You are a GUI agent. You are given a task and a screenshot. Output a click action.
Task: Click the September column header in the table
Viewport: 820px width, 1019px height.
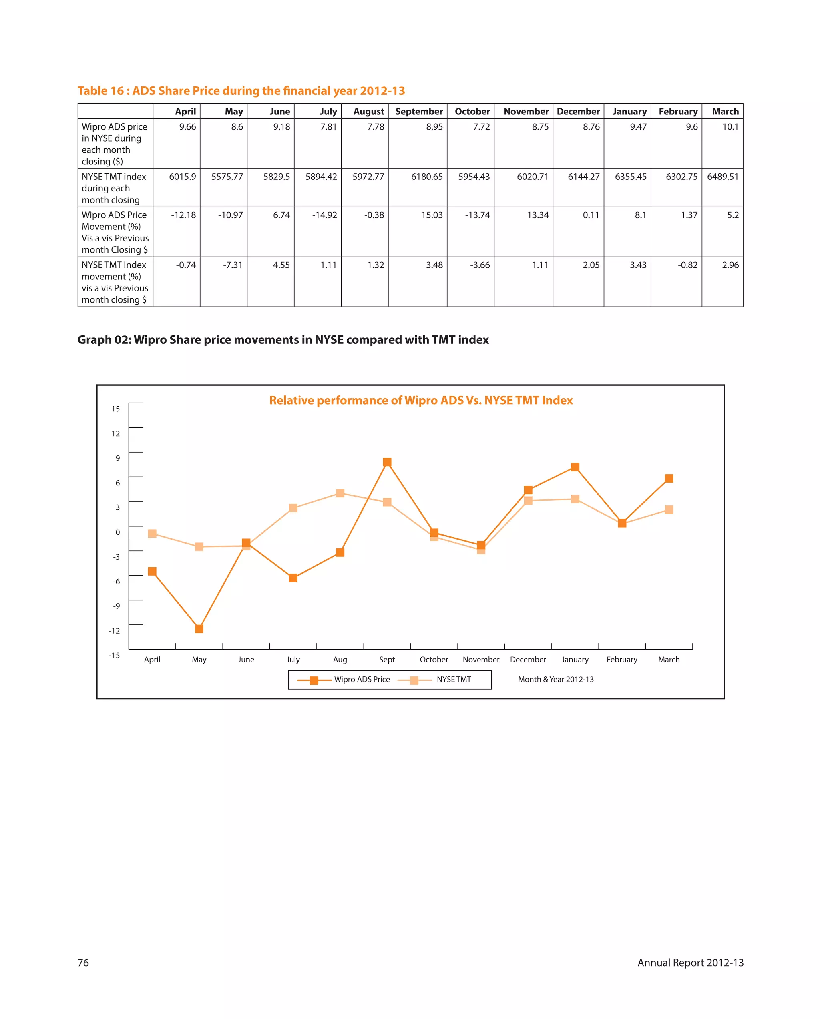tap(418, 112)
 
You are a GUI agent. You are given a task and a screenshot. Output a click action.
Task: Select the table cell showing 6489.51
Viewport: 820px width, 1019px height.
tap(722, 177)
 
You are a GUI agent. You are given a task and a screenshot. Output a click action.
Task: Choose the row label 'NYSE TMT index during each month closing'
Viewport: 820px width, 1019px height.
tap(114, 188)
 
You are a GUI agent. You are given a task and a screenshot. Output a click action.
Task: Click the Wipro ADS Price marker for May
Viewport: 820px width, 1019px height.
tap(199, 629)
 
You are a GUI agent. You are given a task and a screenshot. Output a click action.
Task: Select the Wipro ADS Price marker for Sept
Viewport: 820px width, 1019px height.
tap(387, 462)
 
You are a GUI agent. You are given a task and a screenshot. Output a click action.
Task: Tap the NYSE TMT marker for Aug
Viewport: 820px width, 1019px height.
tap(340, 493)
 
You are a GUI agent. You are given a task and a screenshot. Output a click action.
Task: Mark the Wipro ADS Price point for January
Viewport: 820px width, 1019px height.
tap(575, 467)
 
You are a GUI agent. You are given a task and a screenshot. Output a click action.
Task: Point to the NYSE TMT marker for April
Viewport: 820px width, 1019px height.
tap(152, 534)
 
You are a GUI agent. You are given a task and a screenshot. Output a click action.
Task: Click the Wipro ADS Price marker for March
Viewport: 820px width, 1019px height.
tap(669, 479)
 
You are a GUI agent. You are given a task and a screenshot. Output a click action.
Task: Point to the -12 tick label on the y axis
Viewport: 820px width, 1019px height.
tap(115, 631)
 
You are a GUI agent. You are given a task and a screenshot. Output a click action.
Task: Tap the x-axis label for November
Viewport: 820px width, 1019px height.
tap(481, 660)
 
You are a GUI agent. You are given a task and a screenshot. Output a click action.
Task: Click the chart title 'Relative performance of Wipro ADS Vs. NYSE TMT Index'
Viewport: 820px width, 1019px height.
tap(421, 401)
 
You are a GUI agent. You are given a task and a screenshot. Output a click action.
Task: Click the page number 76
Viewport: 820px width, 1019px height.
tap(83, 963)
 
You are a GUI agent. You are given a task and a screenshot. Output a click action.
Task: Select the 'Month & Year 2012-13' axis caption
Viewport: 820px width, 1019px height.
tap(556, 680)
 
